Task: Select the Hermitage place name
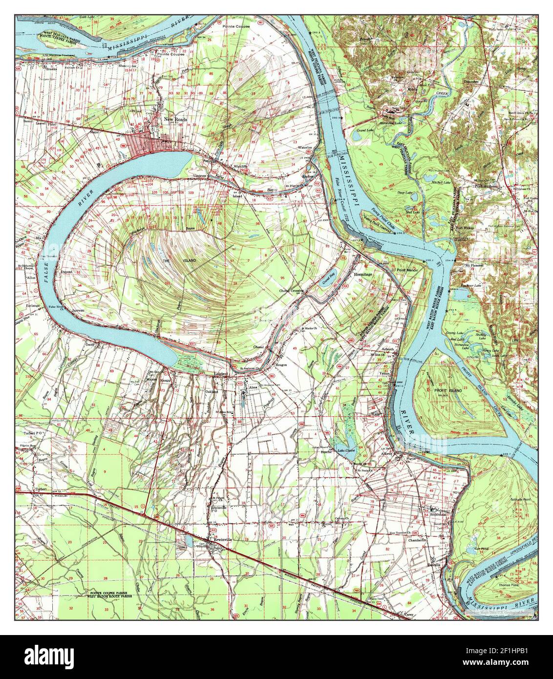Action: point(363,275)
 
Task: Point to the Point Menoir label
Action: point(409,270)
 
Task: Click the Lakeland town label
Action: point(221,373)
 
